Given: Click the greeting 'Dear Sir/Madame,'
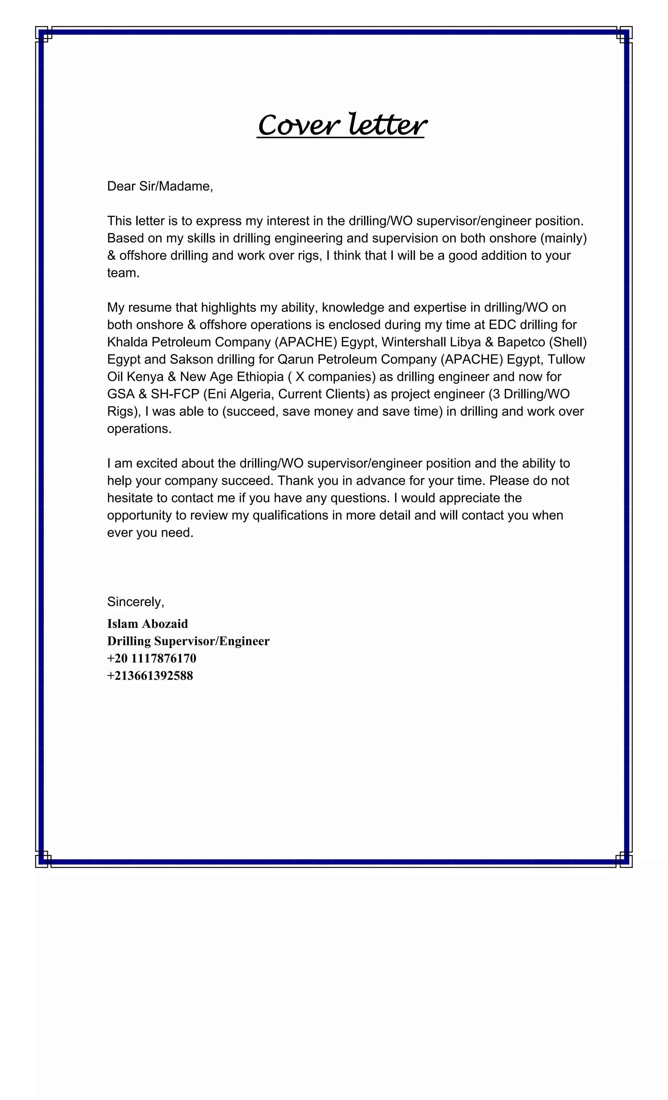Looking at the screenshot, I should tap(160, 186).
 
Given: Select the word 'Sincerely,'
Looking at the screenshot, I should tap(135, 602).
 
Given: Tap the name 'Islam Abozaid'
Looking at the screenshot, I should tap(147, 624).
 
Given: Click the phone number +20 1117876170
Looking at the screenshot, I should tap(151, 658).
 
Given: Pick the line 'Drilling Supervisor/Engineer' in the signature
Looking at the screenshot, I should tap(188, 641).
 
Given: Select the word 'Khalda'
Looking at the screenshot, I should tap(127, 342).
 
